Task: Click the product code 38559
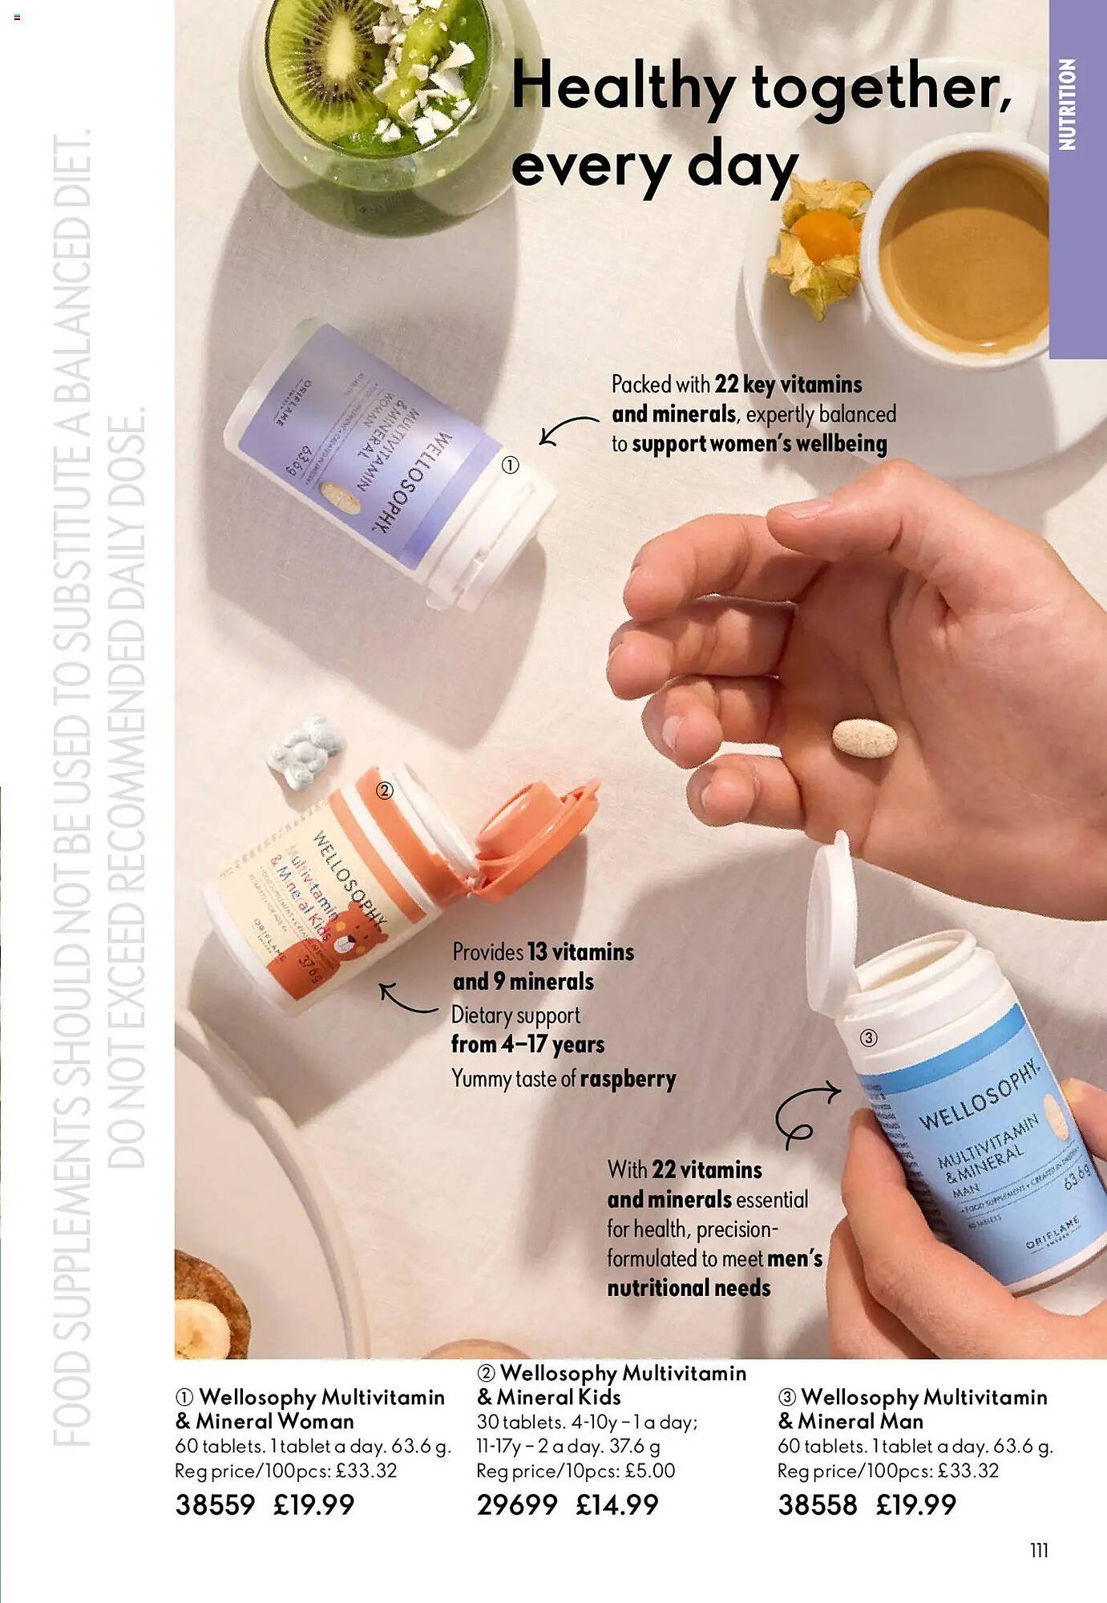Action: tap(215, 1504)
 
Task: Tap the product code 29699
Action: tap(516, 1504)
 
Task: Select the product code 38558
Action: tap(817, 1504)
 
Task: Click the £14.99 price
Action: tap(616, 1504)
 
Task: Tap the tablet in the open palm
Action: tap(864, 737)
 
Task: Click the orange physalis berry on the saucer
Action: tap(823, 235)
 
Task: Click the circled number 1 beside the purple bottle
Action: tap(511, 465)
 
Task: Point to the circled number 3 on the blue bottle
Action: tap(868, 1038)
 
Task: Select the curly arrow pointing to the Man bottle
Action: tap(804, 1110)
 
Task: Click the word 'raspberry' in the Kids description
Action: tap(628, 1079)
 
